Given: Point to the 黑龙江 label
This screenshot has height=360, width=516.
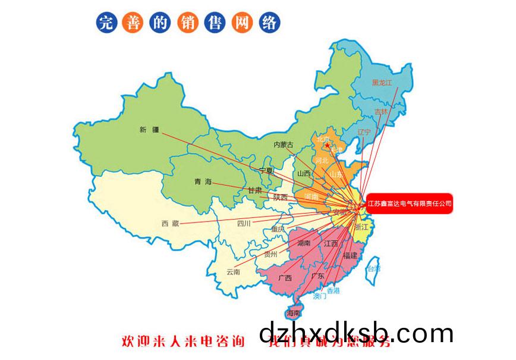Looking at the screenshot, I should click(x=382, y=83).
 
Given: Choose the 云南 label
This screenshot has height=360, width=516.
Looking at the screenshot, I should click(x=233, y=272).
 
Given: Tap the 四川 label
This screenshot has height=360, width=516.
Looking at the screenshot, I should click(x=244, y=224).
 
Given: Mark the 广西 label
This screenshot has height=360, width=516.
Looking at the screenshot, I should click(x=285, y=278).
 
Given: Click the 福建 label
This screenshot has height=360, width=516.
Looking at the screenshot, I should click(x=350, y=255).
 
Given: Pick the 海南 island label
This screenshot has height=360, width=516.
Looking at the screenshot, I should click(x=294, y=313).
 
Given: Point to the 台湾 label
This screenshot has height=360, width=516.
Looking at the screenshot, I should click(x=373, y=269).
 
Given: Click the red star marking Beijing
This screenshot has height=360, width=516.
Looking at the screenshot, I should click(x=326, y=145).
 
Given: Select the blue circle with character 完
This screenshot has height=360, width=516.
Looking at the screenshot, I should click(x=105, y=23).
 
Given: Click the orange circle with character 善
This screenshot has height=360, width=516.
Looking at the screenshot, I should click(x=131, y=23).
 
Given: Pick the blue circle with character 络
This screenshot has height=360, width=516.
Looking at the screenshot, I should click(x=269, y=23).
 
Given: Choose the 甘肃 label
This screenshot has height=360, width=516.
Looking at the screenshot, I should click(x=255, y=190).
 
